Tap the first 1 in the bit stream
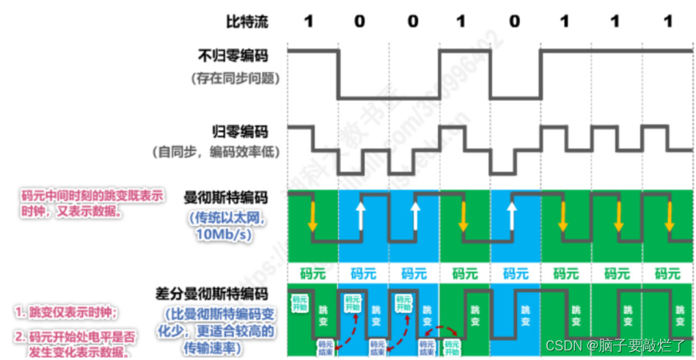(x=308, y=22)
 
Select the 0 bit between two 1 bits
(x=514, y=22)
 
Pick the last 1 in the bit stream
(x=667, y=22)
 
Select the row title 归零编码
(x=243, y=133)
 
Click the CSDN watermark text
(x=615, y=344)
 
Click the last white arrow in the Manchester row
(x=515, y=216)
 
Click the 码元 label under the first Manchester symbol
(x=313, y=274)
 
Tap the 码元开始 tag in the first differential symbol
(x=301, y=304)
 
